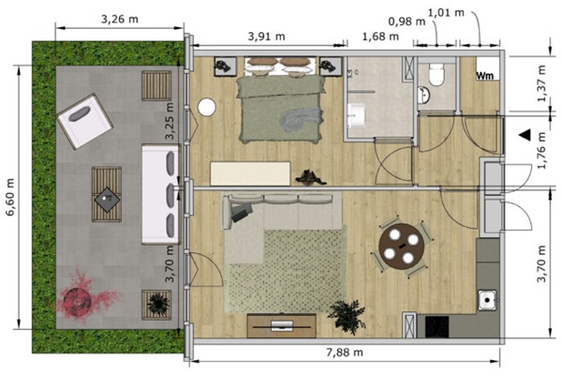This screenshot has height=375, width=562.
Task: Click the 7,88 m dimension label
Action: click(345, 352)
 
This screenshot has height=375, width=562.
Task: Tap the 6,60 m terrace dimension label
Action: click(10, 197)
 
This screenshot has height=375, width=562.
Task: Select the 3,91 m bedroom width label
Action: click(266, 37)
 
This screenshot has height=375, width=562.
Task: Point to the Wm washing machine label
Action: click(485, 76)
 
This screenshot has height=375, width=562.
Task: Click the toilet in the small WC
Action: click(436, 74)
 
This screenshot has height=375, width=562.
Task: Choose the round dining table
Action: click(402, 247)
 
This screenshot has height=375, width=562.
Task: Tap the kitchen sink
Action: click(487, 300)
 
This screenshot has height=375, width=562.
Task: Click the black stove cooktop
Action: click(436, 326)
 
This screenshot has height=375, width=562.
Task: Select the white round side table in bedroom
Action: click(207, 107)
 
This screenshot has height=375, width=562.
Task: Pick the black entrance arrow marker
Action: click(525, 135)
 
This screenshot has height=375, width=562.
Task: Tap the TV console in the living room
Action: click(281, 325)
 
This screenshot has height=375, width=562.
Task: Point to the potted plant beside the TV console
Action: click(347, 317)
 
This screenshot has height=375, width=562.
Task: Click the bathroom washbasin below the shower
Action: click(356, 115)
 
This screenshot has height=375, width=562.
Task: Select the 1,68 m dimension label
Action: click(380, 37)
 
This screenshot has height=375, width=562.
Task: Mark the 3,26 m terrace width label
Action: click(119, 19)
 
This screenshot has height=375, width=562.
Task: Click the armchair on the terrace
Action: click(84, 121)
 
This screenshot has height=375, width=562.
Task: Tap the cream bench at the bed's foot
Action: click(250, 173)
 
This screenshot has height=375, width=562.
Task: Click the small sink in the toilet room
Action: click(424, 95)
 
